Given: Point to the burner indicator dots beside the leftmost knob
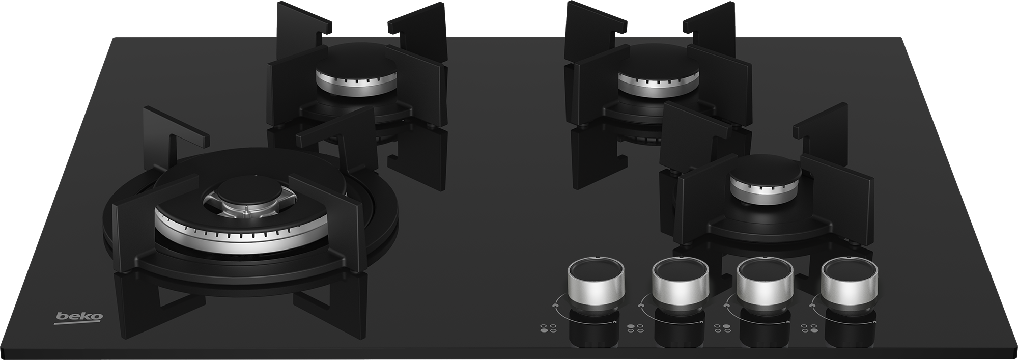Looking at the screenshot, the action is [x=548, y=328].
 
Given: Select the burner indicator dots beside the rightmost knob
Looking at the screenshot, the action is [x=808, y=328].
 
